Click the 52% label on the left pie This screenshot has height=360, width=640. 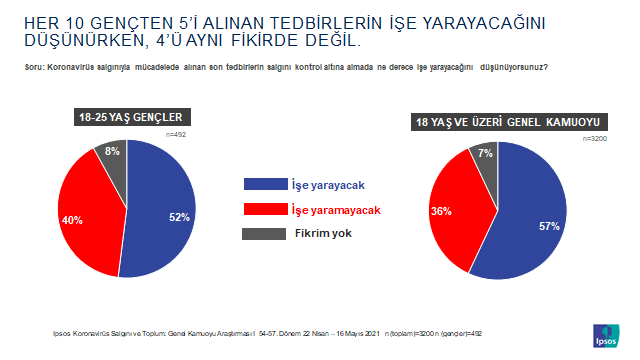click(180, 217)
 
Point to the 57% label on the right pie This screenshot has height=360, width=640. click(550, 226)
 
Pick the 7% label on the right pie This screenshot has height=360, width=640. click(484, 153)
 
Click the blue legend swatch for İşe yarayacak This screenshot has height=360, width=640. click(264, 184)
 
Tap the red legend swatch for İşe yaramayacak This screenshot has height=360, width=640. click(264, 210)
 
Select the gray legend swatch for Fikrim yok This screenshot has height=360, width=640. click(264, 234)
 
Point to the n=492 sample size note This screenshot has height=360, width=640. click(178, 133)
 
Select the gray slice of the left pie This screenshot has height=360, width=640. click(112, 155)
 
